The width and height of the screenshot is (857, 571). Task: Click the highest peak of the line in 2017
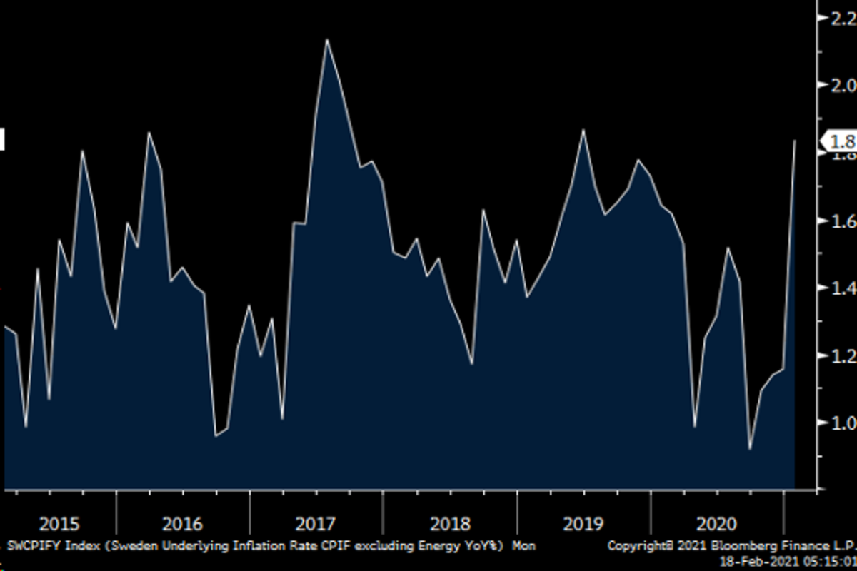[326, 39]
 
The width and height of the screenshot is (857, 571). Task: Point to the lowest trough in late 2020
[750, 449]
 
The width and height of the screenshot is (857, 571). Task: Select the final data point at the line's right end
[795, 141]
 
